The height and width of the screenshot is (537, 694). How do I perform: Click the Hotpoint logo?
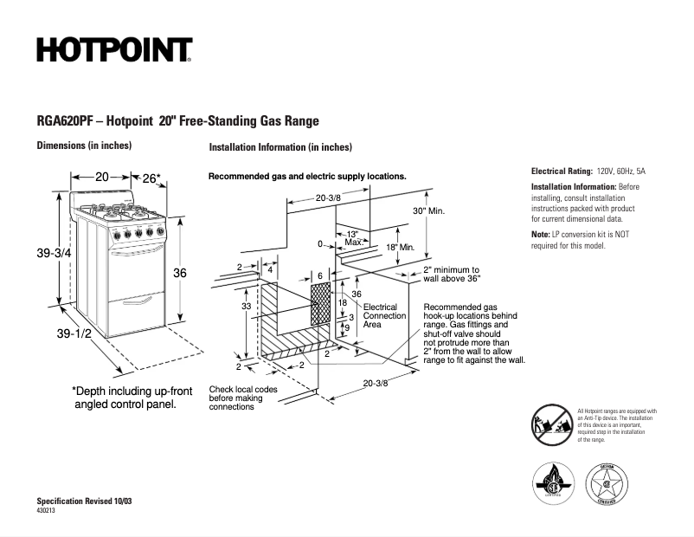[x=113, y=49]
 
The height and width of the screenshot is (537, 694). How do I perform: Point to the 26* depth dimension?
[x=151, y=178]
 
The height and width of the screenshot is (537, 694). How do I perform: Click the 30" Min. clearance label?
[x=428, y=211]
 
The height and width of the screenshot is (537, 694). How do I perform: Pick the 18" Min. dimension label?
[x=401, y=248]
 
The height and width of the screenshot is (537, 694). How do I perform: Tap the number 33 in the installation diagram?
[x=246, y=307]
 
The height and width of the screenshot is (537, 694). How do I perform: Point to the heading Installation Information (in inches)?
[x=280, y=147]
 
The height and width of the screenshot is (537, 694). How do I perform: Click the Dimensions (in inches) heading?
[x=84, y=146]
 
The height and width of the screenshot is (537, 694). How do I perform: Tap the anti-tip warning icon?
[x=550, y=425]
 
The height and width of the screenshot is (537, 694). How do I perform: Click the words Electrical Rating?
[x=562, y=171]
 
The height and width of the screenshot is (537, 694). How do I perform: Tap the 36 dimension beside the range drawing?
[x=180, y=273]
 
